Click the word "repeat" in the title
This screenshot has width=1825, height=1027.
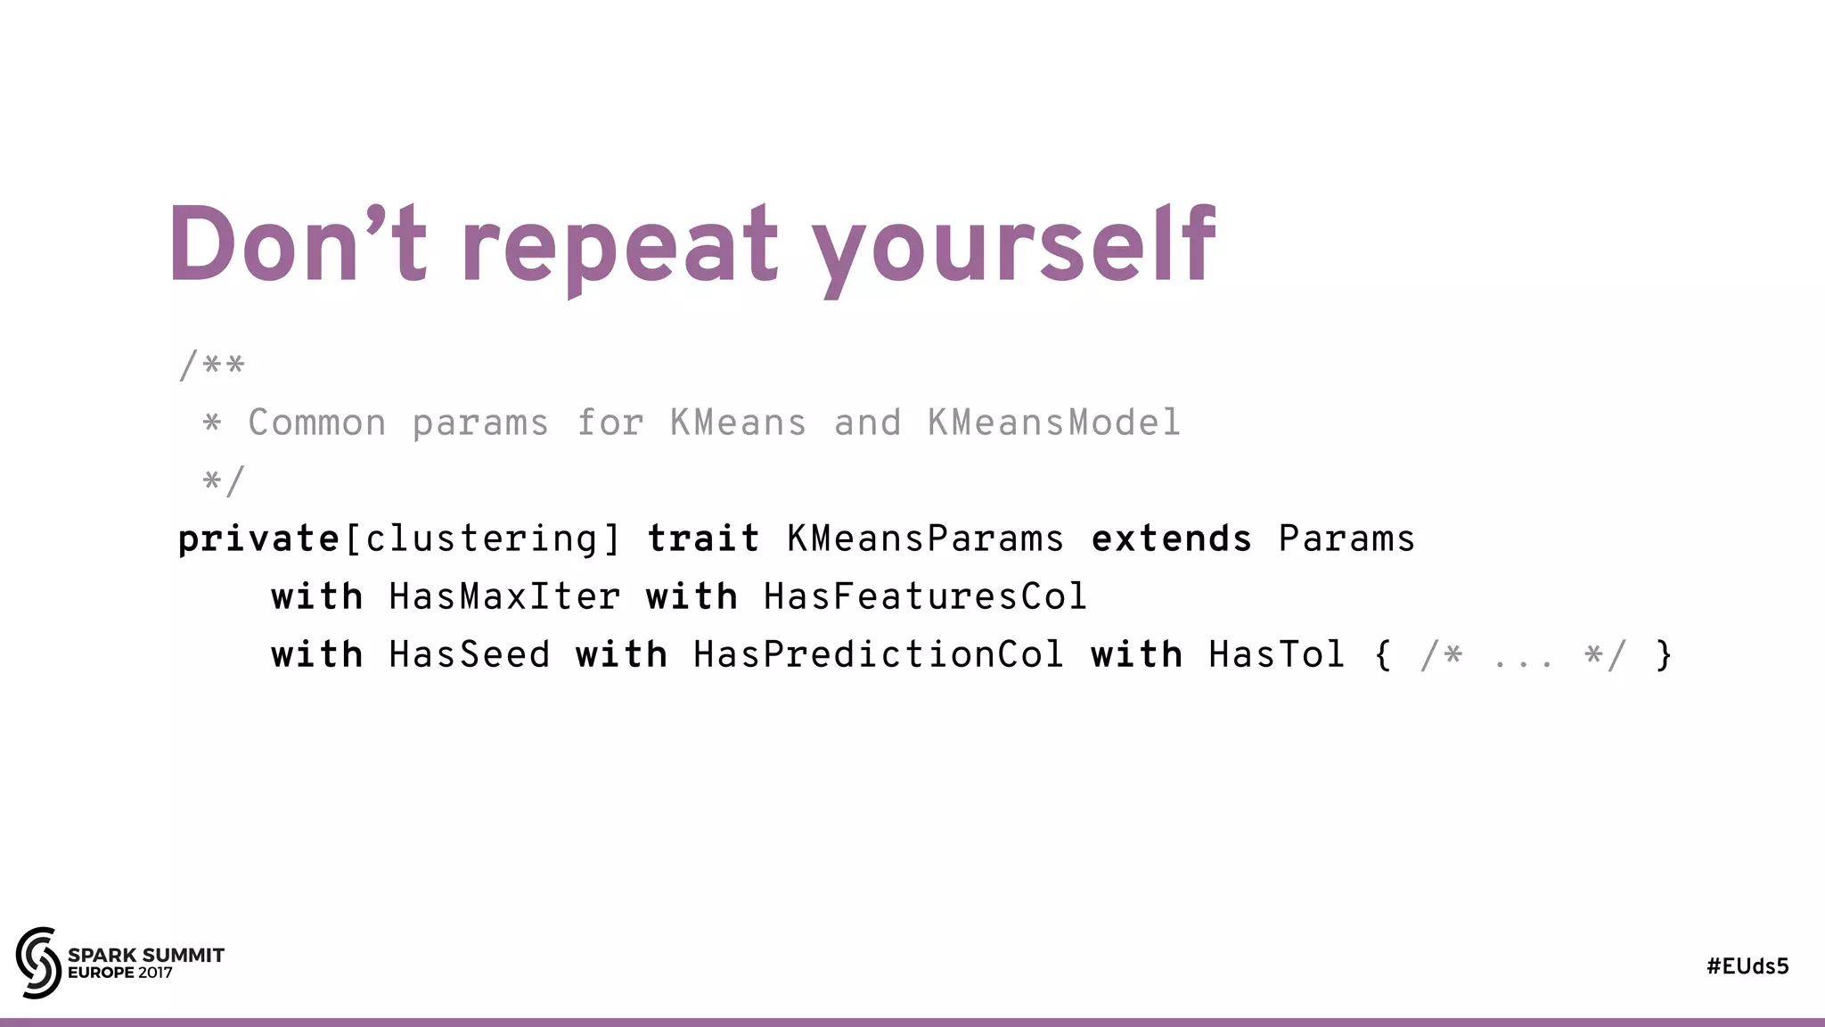coord(619,245)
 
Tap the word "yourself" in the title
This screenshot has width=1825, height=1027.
coord(1013,245)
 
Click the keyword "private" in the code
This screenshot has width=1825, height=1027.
coord(258,539)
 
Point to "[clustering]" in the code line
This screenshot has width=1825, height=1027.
coord(482,539)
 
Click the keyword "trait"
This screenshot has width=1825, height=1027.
coord(703,539)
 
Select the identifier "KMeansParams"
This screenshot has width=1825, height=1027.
coord(925,539)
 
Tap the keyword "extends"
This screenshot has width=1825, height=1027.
coord(1172,539)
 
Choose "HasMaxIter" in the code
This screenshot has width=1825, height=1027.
coord(504,596)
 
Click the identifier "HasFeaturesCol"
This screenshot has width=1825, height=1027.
coord(925,596)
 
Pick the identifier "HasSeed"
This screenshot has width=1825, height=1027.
coord(470,655)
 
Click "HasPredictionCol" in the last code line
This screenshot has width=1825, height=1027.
coord(878,655)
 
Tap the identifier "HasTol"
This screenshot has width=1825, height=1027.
coord(1276,655)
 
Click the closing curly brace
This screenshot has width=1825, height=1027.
coord(1663,655)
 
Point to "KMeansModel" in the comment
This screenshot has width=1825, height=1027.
coord(1054,423)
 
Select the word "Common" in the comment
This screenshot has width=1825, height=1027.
coord(317,423)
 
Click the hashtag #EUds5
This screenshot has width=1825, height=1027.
coord(1747,966)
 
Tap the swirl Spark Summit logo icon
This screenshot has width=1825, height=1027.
coord(38,962)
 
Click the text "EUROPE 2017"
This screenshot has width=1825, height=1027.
coord(120,974)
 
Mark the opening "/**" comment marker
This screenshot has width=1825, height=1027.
coord(211,366)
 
